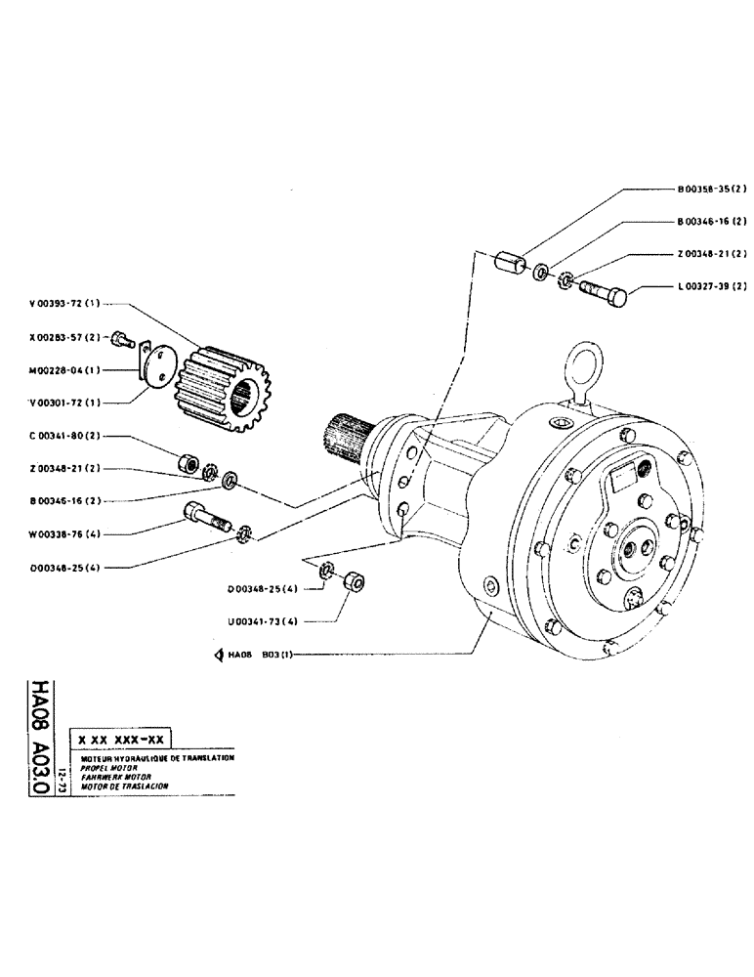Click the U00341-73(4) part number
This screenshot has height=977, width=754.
pos(262,619)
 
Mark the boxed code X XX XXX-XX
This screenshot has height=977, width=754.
pos(121,740)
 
